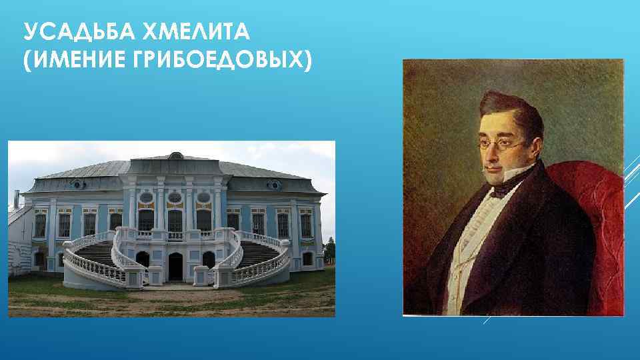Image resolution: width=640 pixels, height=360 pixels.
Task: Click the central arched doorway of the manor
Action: [x=175, y=267]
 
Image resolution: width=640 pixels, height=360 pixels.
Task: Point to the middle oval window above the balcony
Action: [x=175, y=198]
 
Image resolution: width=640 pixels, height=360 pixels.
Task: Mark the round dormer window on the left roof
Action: [x=78, y=183]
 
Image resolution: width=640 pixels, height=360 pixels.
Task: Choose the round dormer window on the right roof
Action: [x=273, y=184]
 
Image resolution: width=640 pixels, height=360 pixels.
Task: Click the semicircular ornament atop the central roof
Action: [x=175, y=156]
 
